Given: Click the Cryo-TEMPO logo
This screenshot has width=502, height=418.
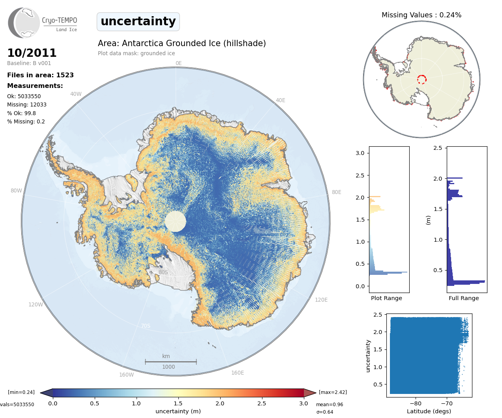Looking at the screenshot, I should point(43,23).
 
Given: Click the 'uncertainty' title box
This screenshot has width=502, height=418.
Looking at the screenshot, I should point(138,21).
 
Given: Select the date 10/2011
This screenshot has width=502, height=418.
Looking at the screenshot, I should point(32,53).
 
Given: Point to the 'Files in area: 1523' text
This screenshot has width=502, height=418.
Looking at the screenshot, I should point(40,75).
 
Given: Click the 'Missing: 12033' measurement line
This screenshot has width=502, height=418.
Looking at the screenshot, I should point(27,104).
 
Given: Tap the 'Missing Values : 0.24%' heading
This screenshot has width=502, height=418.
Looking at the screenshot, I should point(421,15).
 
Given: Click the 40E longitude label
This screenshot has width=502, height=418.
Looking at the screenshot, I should point(280,100).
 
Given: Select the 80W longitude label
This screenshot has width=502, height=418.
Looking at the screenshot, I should point(16,190).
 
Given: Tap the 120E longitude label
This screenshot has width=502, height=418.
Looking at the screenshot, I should point(321,300).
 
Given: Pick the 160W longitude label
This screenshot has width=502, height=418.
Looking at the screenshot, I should point(126,375).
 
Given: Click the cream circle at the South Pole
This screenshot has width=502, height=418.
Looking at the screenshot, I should point(175,221).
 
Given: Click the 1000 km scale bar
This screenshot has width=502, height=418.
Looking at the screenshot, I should point(170,362).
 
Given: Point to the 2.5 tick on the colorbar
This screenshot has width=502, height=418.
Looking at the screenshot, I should point(262,403).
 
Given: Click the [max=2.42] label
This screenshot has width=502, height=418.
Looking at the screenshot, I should point(333,392).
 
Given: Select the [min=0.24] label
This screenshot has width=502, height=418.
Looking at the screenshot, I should point(21,392).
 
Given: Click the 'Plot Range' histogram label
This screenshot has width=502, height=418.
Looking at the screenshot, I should point(386,298).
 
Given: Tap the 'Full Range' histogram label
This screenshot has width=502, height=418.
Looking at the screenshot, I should point(464,298).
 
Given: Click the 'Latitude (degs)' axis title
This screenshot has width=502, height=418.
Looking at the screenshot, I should point(429,411).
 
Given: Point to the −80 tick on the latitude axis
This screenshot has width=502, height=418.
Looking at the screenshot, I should point(416,403).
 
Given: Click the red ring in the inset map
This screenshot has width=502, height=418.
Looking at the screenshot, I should point(421,79).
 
